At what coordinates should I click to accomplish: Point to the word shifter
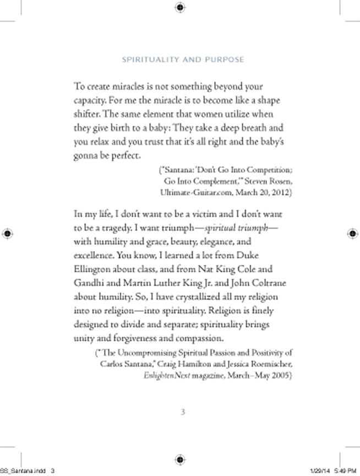[86, 114]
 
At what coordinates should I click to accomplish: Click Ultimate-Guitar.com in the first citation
[192, 193]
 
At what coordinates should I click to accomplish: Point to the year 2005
[281, 376]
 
